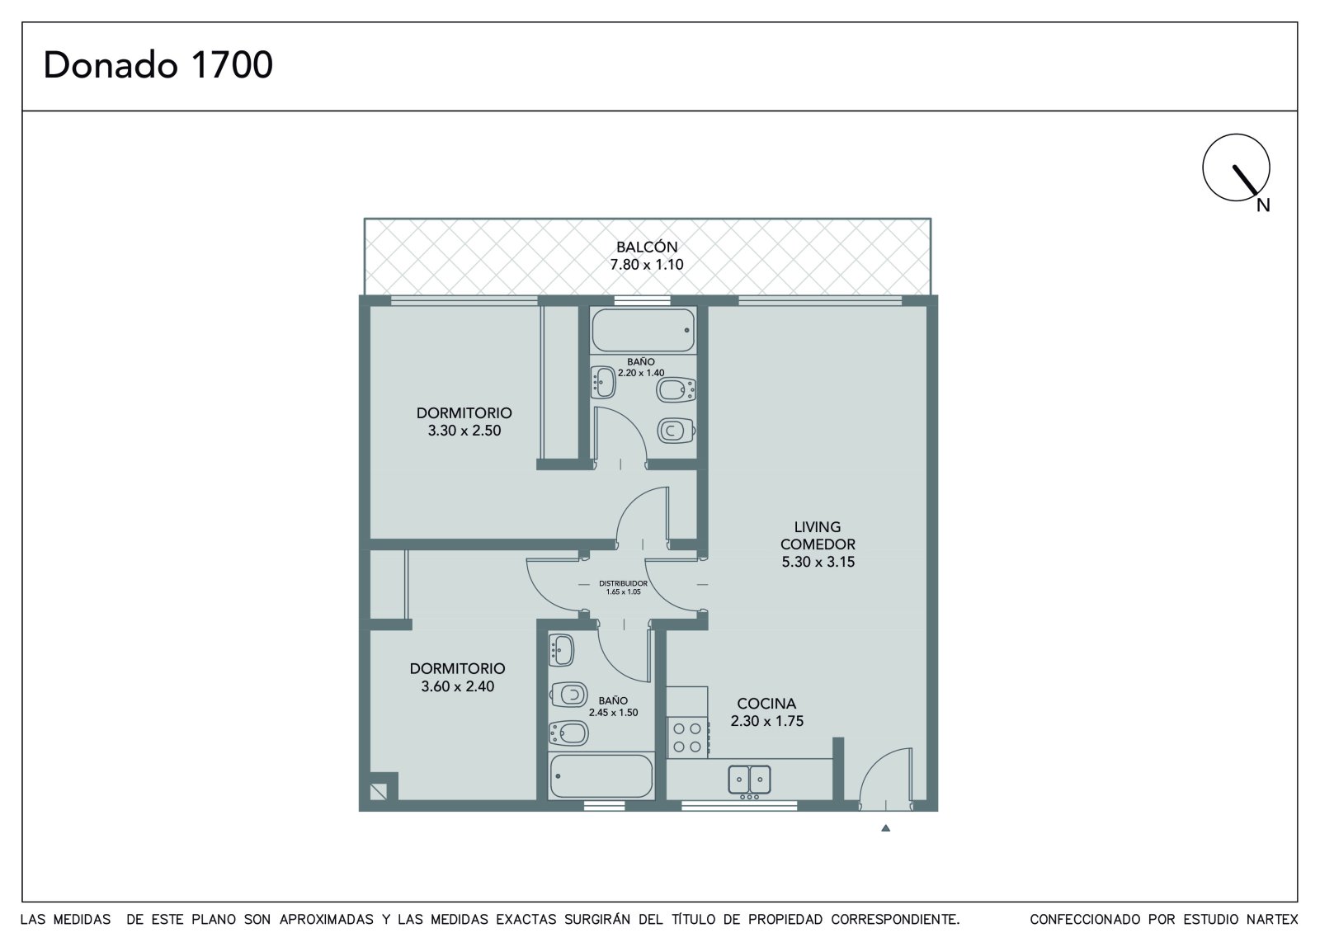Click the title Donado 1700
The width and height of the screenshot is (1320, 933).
tap(158, 65)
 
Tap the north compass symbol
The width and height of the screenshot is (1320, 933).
tap(1236, 168)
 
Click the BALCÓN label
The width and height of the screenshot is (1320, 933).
tap(647, 247)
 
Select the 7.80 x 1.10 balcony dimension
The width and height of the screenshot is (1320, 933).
tap(647, 265)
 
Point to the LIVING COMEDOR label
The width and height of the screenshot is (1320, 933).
tap(818, 535)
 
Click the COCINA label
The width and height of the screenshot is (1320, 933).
tap(766, 703)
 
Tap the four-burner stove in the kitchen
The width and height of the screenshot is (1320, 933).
tap(687, 737)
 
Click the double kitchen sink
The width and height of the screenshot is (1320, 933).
tap(749, 780)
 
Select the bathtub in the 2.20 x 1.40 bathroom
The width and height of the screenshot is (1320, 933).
tap(643, 331)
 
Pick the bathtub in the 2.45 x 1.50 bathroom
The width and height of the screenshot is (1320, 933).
tap(601, 775)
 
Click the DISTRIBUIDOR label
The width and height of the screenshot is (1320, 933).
tap(623, 583)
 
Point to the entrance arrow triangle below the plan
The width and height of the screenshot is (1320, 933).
tap(885, 828)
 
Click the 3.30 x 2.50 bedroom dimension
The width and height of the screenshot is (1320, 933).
tap(464, 431)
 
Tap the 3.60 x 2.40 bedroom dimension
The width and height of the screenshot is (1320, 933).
tap(458, 686)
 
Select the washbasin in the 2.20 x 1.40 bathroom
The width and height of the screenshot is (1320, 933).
tap(603, 382)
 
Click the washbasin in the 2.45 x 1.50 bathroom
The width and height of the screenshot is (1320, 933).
tap(561, 649)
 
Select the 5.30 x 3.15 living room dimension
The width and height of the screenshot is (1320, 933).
tap(818, 563)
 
